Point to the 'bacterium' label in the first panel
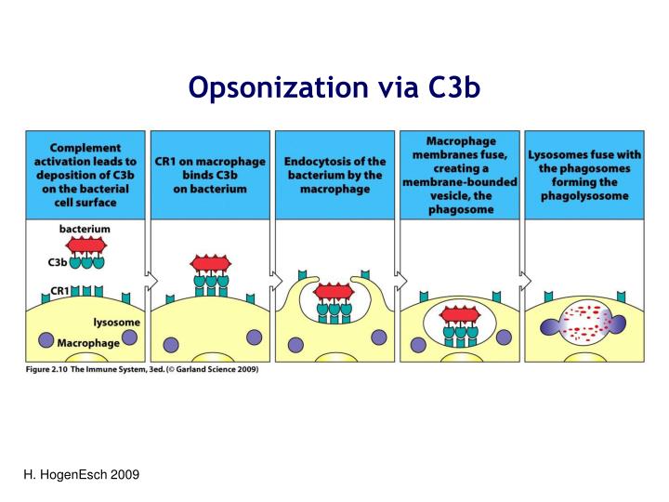85,229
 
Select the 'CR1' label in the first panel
59,291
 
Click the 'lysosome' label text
117,323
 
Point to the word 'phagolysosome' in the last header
583,196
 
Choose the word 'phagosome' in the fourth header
458,210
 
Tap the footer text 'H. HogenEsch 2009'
81,475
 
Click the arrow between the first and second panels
149,278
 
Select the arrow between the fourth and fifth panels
522,278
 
